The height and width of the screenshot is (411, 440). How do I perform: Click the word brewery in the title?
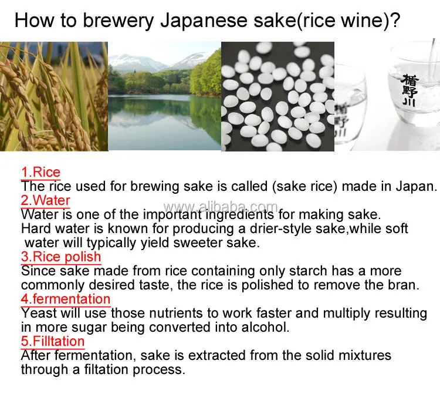[x=118, y=21]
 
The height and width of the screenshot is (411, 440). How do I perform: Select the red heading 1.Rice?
[x=40, y=172]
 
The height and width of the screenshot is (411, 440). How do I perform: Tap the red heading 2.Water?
[x=45, y=200]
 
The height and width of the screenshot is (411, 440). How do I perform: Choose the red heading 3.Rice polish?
[x=61, y=257]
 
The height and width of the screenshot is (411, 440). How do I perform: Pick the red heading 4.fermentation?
[x=66, y=299]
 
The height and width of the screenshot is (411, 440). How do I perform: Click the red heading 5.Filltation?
[x=53, y=341]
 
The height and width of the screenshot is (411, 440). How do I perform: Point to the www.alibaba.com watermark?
[x=221, y=207]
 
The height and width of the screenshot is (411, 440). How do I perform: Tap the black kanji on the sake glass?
[x=409, y=90]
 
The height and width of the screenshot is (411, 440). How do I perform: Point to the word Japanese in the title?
[x=204, y=21]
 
